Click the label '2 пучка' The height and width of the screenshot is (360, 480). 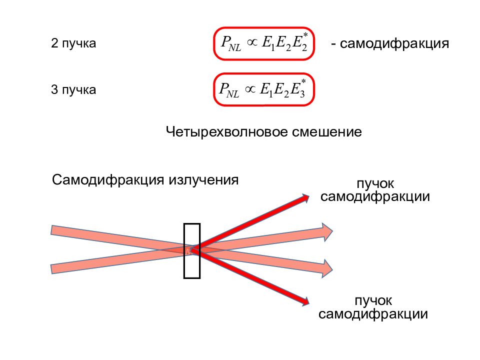tap(73, 44)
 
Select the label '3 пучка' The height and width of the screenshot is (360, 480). tap(73, 90)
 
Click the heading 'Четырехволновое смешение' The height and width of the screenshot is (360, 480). tap(263, 132)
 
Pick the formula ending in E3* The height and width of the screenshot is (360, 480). tap(264, 90)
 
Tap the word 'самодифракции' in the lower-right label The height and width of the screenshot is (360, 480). tap(373, 314)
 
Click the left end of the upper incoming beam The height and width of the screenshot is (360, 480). tap(54, 230)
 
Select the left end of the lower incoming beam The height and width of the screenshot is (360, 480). tap(54, 268)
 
